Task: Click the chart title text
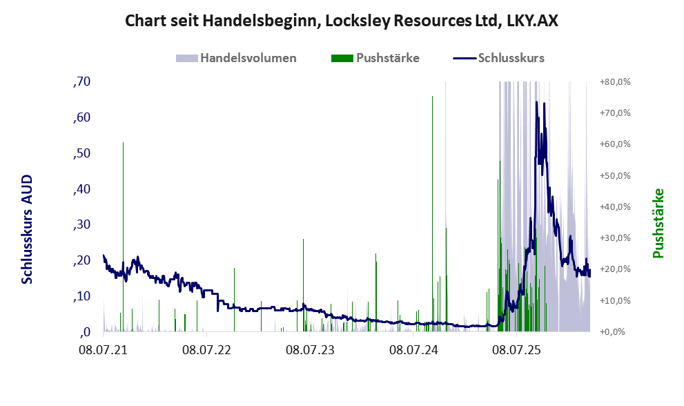click(342, 21)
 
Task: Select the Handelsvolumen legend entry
click(248, 58)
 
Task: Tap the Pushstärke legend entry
click(387, 58)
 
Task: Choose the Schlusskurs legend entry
click(511, 58)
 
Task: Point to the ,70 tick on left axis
click(82, 81)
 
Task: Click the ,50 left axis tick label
click(82, 153)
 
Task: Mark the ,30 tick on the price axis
click(82, 224)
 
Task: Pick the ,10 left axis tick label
click(82, 296)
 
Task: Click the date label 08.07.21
click(104, 350)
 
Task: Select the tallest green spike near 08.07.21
click(123, 144)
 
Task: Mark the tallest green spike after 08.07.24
click(432, 97)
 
